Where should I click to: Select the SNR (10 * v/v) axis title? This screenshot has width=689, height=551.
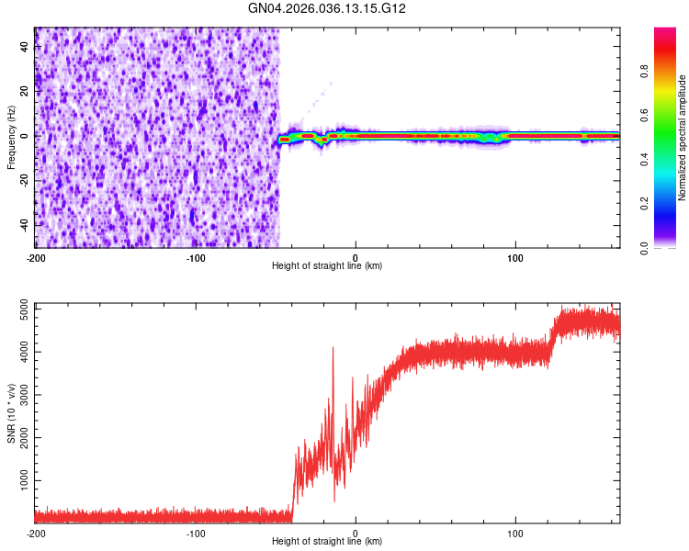pos(11,412)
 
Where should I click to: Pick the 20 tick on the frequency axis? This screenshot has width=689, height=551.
pos(26,91)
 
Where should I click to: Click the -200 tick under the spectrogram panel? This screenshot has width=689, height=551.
pos(35,257)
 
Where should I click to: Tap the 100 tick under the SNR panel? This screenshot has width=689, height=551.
pos(515,533)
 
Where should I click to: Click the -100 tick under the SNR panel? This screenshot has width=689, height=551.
pos(195,533)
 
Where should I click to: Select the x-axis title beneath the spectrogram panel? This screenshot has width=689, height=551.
pos(328,266)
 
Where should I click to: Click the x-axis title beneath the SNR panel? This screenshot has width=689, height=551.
pos(328,542)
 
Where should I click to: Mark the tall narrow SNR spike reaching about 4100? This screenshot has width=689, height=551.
pos(333,349)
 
